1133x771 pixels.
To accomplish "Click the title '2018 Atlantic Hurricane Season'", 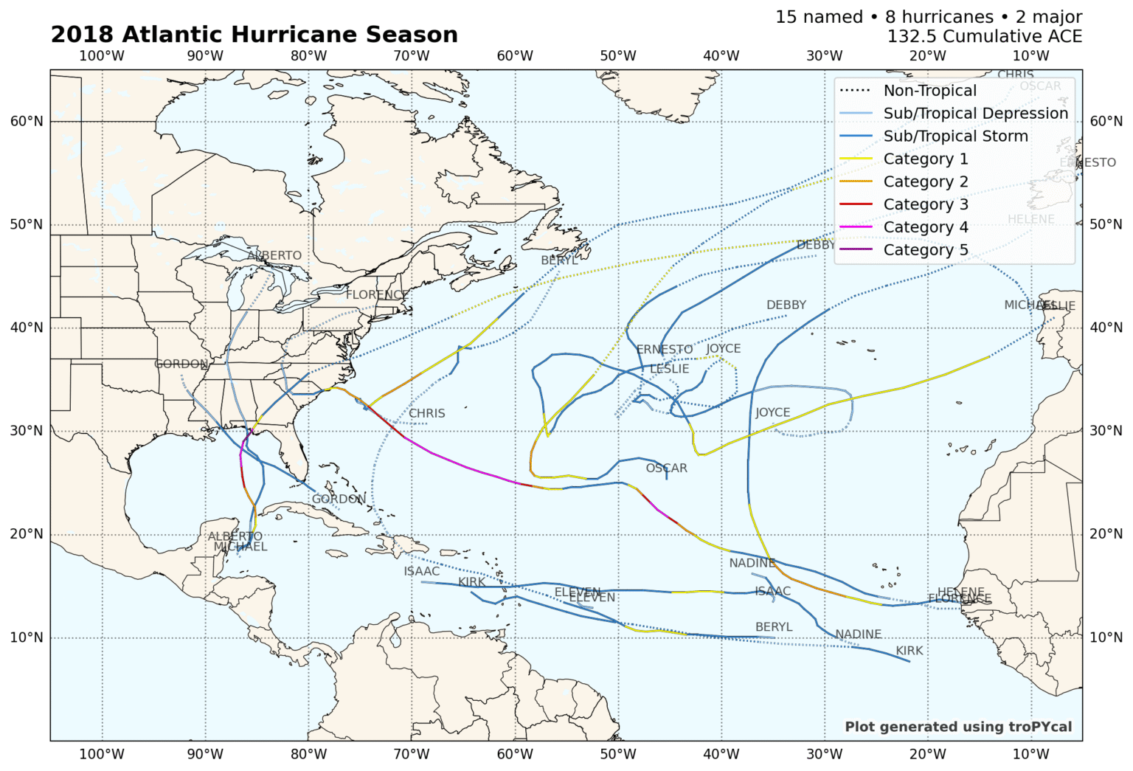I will click(x=254, y=35).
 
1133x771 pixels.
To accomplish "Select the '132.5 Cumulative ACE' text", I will click(x=984, y=36).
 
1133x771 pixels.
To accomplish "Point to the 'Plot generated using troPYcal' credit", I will click(x=957, y=727).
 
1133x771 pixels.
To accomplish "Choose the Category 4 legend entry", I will click(x=925, y=227).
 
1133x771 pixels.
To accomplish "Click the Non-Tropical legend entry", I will click(x=929, y=91).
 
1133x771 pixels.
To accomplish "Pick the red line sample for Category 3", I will click(x=856, y=204).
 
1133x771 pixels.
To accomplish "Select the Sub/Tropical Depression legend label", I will click(x=975, y=114).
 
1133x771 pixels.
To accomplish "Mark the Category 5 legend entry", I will click(x=925, y=250).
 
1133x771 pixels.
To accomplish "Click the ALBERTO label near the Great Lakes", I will click(x=274, y=255).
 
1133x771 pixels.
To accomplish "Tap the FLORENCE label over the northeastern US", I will click(x=377, y=294).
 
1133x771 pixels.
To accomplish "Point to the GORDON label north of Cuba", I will click(x=339, y=499).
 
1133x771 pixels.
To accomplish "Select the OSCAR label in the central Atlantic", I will click(x=666, y=469).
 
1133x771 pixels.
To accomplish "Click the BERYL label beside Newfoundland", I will click(x=560, y=260).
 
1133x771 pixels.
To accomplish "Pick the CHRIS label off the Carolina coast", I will click(x=427, y=413).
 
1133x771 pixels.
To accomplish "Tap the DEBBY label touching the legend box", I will click(x=816, y=244).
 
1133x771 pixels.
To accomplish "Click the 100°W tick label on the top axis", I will click(x=102, y=56).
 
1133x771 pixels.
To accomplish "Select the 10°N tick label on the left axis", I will click(x=27, y=637).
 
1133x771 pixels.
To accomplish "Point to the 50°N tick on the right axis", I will click(x=1106, y=224).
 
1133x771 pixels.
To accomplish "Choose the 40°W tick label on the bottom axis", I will click(x=721, y=754).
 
